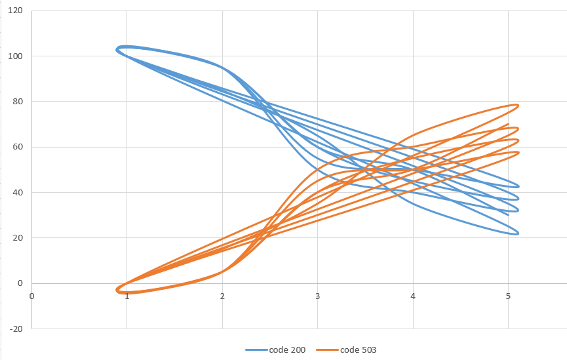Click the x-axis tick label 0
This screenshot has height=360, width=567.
[x=31, y=295]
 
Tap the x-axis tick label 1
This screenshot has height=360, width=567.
[x=127, y=295]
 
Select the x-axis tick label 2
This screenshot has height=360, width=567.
[x=222, y=295]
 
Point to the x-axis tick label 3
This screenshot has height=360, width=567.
[x=318, y=295]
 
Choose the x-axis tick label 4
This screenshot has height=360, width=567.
[x=413, y=295]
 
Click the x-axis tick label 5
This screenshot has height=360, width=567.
[x=509, y=295]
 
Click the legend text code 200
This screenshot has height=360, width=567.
[x=287, y=350]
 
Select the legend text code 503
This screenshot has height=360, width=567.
[x=358, y=350]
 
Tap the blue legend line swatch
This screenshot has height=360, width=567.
[x=256, y=350]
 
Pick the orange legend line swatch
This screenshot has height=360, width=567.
[x=327, y=350]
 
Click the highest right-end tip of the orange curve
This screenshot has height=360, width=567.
[x=518, y=105]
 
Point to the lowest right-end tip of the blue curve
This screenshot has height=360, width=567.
[x=518, y=233]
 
